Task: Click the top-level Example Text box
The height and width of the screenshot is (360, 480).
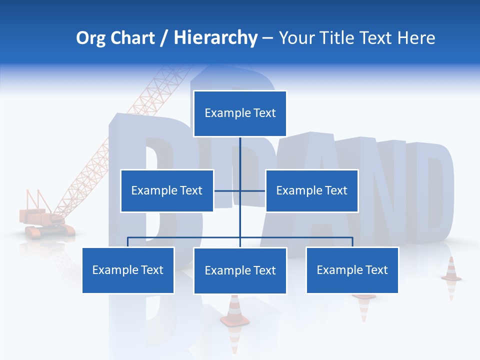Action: (240, 113)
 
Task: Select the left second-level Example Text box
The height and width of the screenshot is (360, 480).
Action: (167, 190)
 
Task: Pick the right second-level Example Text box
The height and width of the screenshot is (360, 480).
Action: (311, 190)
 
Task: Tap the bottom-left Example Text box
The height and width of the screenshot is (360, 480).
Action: (128, 270)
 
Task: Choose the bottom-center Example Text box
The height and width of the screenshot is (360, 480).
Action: (240, 270)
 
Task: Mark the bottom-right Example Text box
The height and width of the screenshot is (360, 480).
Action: (352, 270)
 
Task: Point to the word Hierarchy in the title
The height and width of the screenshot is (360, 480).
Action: (215, 38)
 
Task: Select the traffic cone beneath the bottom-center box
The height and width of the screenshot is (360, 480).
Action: (234, 312)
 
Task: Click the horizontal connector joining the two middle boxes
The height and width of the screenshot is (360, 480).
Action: (239, 190)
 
